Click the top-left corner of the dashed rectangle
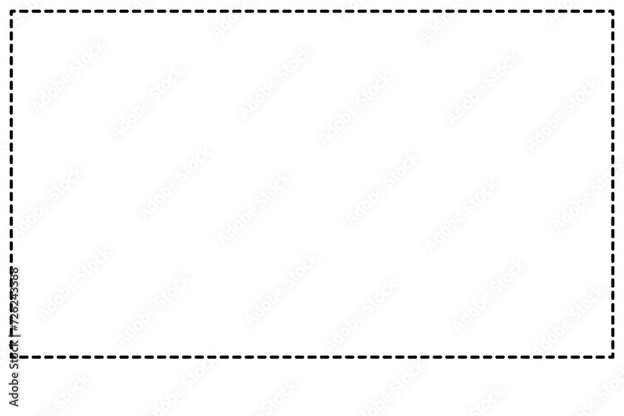click(x=11, y=11)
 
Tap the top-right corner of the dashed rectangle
click(x=613, y=11)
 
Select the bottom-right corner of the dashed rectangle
click(x=613, y=357)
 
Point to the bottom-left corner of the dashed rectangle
click(x=11, y=357)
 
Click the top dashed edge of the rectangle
click(x=312, y=11)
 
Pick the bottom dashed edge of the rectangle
click(x=312, y=357)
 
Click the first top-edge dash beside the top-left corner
click(x=20, y=11)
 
